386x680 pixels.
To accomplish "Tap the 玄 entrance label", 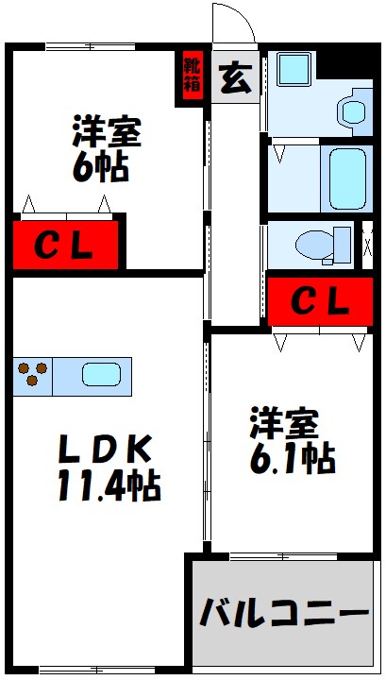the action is point(236,78).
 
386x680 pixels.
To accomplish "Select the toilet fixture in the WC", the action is point(323,245).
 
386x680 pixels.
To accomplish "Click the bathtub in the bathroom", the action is point(347,178).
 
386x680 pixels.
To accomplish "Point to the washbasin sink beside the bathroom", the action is point(354,111).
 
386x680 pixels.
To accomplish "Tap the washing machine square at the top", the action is point(294,69).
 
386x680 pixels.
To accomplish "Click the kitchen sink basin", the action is point(101,375).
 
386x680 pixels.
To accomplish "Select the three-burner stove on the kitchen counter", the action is point(32,374).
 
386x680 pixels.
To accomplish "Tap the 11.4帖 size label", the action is point(109,484).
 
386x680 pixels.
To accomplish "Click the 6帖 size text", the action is point(100,167).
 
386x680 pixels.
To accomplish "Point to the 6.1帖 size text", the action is point(293,460).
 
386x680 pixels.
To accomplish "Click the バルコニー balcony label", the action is point(284,612).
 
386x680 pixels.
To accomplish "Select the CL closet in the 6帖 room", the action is point(65,245).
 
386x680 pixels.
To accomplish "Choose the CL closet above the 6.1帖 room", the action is point(320,301).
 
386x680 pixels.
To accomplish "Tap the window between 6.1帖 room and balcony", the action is point(283,556).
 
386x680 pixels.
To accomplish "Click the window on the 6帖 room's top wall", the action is point(90,47).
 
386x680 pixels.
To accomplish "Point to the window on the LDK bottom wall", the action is point(97,670).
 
